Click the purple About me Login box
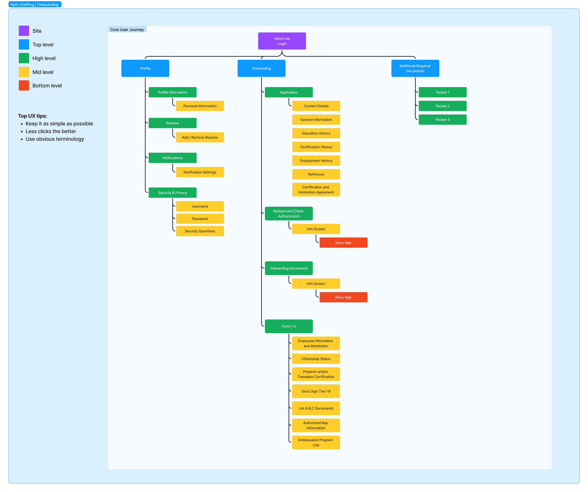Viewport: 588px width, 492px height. point(282,41)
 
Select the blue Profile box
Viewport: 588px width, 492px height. point(145,68)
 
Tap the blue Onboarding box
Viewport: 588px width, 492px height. point(261,68)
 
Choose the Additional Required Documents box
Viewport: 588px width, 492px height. point(415,68)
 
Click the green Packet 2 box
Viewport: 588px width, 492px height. point(442,106)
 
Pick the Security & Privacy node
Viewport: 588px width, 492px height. point(172,193)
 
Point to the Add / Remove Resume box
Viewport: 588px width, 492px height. point(200,137)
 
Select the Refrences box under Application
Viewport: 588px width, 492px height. point(316,174)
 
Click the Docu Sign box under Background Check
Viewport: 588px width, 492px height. point(343,242)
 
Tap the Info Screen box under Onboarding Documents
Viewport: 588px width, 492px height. point(316,283)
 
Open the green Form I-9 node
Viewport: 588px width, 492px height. point(289,326)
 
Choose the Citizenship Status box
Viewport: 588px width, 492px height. point(316,358)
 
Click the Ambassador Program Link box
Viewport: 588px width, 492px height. point(316,442)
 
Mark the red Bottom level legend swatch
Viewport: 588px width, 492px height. point(24,85)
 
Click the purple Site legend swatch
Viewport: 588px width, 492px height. point(24,31)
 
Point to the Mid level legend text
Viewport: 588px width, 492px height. point(43,72)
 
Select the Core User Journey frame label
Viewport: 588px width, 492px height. point(127,29)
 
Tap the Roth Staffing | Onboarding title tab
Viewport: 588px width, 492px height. point(35,4)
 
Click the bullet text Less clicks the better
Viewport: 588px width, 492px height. point(51,131)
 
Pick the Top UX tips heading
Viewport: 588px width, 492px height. point(32,116)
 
